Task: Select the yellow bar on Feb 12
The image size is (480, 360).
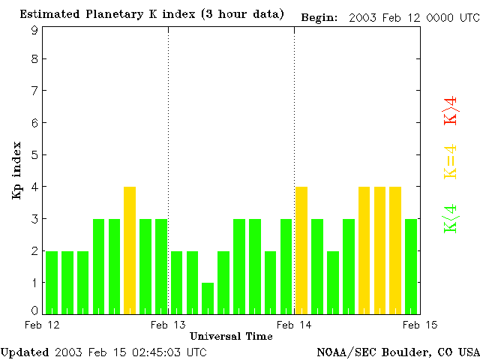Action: pos(130,250)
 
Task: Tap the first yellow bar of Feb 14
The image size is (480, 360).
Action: pos(301,250)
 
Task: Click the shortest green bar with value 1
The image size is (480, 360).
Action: pos(208,298)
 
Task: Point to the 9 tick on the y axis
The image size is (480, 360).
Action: pos(34,30)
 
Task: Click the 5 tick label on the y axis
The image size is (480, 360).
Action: pos(34,155)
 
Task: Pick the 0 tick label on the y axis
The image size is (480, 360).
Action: pos(34,310)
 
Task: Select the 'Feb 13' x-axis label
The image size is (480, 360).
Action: pos(168,325)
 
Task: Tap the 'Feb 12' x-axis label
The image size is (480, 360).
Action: pos(42,325)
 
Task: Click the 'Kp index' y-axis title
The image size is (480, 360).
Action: pos(16,170)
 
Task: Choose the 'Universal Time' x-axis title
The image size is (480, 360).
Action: pos(231,336)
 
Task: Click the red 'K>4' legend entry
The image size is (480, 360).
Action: pos(451,110)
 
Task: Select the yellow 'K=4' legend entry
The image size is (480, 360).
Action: pos(451,162)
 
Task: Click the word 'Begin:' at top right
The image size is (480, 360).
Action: pos(320,16)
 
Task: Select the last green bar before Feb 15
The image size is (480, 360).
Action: pos(411,265)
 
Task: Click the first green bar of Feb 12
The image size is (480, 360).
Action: pos(52,282)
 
